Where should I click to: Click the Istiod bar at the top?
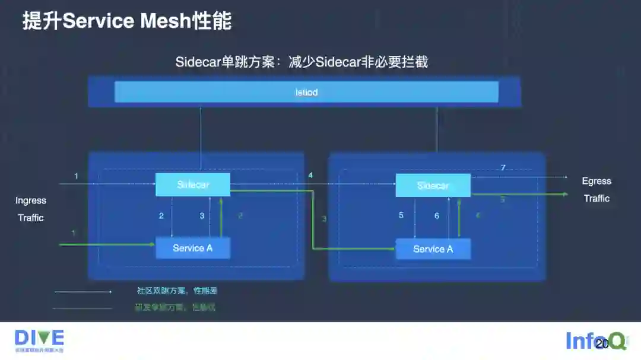pos(306,92)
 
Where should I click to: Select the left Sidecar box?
pos(193,185)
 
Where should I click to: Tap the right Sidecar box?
pos(433,186)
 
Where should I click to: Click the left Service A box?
pos(192,248)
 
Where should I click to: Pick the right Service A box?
pos(433,249)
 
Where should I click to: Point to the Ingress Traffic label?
pos(31,209)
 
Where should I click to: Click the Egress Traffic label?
pos(596,190)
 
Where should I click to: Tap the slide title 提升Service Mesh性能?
pos(127,21)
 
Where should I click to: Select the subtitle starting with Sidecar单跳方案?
pos(302,62)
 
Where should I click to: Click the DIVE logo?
pos(39,340)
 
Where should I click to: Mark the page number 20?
pos(602,344)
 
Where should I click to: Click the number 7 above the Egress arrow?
pos(503,168)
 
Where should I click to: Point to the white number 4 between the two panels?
pos(310,176)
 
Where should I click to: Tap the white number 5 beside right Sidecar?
pos(401,215)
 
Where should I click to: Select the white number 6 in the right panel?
pos(437,216)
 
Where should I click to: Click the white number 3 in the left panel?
pos(202,216)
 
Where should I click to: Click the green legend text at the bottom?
pos(175,307)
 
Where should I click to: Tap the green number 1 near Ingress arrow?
pos(74,233)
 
